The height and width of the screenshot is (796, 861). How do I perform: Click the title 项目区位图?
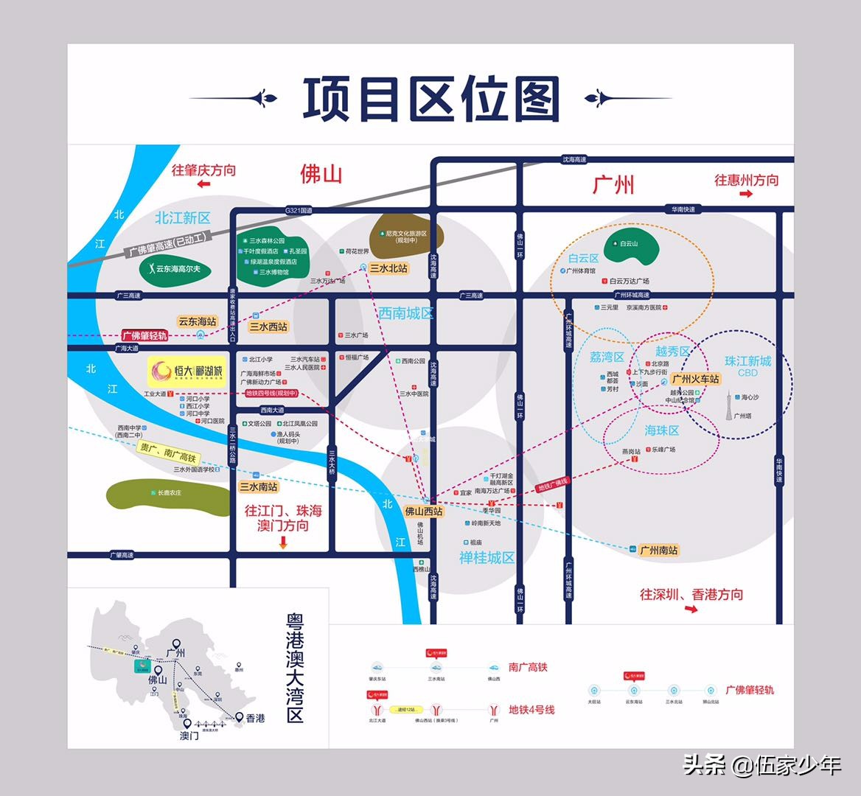tap(431, 99)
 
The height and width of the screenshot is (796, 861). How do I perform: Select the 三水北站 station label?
tap(388, 268)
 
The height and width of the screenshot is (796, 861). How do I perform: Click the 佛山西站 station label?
tap(424, 511)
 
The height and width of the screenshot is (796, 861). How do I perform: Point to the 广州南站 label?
tap(658, 550)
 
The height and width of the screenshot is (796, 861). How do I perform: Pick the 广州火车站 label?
tap(695, 379)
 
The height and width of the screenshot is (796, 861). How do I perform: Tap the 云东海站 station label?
tap(197, 321)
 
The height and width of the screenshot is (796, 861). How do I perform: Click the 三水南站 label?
tap(258, 486)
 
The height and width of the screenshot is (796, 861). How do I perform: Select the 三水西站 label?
tap(268, 327)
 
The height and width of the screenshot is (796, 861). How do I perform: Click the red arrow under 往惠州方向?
tap(745, 194)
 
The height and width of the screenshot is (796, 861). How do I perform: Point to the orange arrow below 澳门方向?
tap(282, 542)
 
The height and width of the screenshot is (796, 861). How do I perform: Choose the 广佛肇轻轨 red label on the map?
tap(144, 335)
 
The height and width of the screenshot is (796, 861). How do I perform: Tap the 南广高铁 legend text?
tap(528, 667)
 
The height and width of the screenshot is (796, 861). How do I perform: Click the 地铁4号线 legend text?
tap(531, 710)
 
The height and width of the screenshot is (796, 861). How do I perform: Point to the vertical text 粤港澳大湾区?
tap(295, 669)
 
